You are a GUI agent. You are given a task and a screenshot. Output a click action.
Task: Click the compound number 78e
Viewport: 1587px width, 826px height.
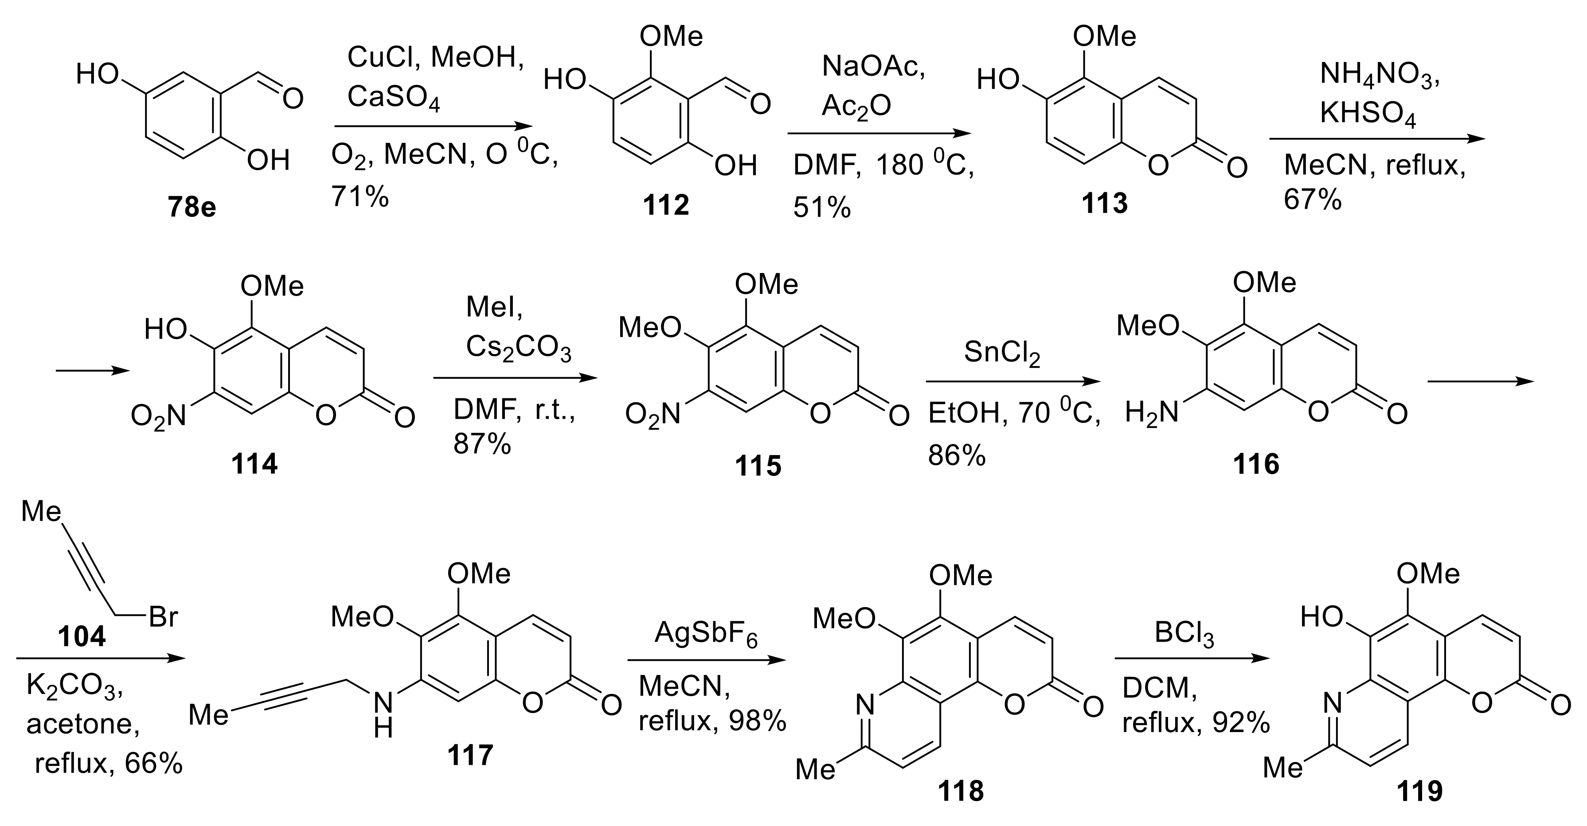pyautogui.click(x=192, y=207)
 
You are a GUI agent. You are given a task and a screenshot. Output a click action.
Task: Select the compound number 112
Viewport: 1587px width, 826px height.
pyautogui.click(x=665, y=204)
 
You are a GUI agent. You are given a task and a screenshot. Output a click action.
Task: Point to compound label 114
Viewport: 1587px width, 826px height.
pyautogui.click(x=254, y=463)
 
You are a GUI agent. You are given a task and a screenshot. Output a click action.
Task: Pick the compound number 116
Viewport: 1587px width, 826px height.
pyautogui.click(x=1255, y=463)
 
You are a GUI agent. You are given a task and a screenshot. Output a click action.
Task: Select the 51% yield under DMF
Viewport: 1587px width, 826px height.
pyautogui.click(x=822, y=208)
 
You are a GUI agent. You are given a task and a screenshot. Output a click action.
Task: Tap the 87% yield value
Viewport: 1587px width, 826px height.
pyautogui.click(x=482, y=444)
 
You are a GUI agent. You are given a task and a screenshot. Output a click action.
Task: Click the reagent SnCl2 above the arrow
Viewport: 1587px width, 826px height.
pyautogui.click(x=1002, y=353)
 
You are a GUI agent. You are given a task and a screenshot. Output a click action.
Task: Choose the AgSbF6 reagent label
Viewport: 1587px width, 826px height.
pyautogui.click(x=706, y=633)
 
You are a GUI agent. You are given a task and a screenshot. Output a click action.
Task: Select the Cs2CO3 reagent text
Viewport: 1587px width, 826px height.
pyautogui.click(x=518, y=349)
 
